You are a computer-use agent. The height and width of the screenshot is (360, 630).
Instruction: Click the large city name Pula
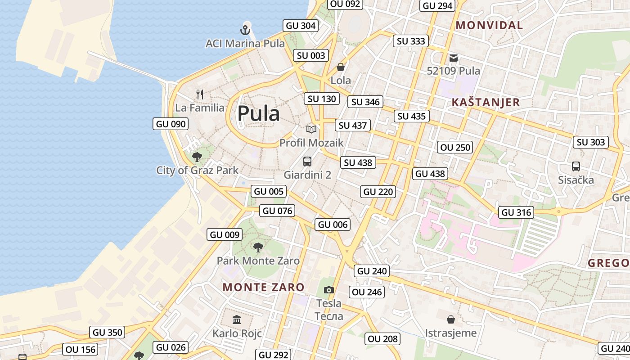(x=258, y=113)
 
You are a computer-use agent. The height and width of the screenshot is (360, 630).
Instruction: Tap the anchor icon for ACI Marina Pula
(x=245, y=31)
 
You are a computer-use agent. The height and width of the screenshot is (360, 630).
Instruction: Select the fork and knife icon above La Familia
(x=200, y=94)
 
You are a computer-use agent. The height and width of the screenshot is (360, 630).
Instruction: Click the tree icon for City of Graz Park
(x=197, y=157)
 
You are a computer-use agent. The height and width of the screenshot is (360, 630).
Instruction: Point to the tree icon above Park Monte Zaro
(x=258, y=247)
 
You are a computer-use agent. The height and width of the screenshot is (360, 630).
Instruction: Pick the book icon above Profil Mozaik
(x=311, y=130)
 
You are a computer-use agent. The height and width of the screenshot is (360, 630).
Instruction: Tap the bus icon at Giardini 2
(x=307, y=161)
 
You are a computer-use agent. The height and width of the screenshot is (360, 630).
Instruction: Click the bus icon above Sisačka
(x=576, y=166)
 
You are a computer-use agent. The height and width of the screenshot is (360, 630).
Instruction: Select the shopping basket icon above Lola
(x=341, y=67)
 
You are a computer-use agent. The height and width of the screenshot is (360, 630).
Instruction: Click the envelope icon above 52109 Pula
(x=453, y=58)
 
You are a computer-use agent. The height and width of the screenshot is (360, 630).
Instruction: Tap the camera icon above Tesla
(x=329, y=290)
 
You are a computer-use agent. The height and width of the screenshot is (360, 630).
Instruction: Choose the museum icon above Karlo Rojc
(x=237, y=320)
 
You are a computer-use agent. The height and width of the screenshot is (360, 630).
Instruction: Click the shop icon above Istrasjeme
(x=450, y=319)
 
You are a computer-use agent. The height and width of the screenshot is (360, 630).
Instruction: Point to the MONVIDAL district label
(x=489, y=25)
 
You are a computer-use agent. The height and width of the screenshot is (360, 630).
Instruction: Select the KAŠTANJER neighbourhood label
(x=486, y=103)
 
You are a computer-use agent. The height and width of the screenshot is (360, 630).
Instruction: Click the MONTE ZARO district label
(x=264, y=287)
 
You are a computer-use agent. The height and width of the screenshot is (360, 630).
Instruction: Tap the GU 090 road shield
(x=171, y=124)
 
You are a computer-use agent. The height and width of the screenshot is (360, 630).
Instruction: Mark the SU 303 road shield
(x=590, y=142)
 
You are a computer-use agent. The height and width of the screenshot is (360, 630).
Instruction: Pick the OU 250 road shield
(x=455, y=147)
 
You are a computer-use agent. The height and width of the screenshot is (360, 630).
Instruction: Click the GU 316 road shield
(x=516, y=212)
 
